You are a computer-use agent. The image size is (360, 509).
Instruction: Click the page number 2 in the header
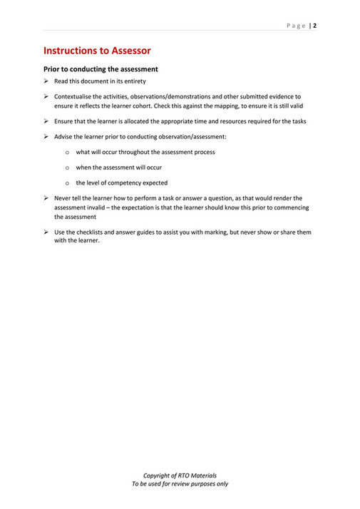coord(314,26)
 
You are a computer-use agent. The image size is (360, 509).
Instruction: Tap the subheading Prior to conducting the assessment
coord(101,69)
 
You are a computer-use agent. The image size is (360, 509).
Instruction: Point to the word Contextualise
coord(73,96)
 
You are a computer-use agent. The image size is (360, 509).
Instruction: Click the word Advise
coord(63,136)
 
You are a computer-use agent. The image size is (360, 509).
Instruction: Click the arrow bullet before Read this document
coord(46,81)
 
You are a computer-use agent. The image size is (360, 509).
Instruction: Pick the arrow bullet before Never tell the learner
coord(46,198)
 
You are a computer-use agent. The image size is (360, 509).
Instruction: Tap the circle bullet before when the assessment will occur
coord(67,168)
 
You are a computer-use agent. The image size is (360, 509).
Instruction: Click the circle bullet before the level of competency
coord(67,183)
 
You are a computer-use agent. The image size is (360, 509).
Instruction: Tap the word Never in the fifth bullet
coord(63,198)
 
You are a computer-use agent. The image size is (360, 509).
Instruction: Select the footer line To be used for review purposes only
coord(180,484)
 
